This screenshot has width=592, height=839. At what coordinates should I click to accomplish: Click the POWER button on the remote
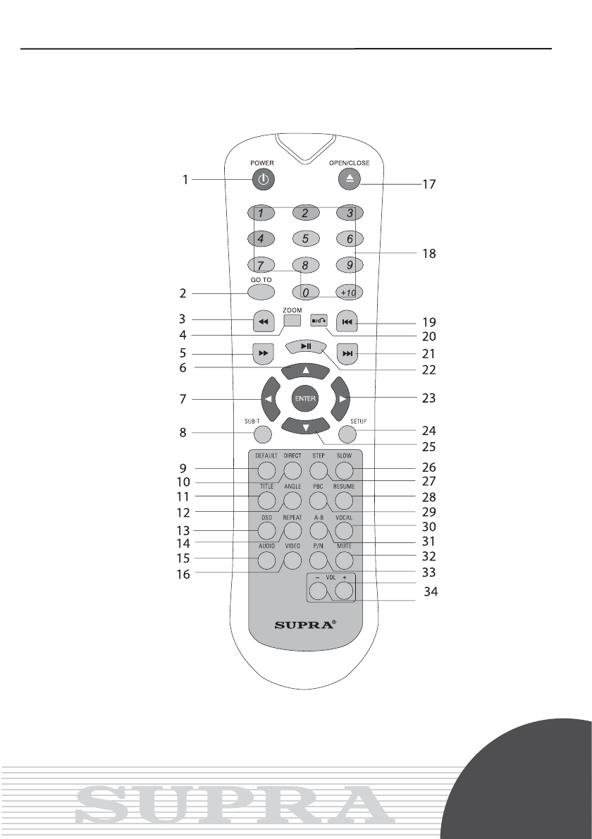[262, 180]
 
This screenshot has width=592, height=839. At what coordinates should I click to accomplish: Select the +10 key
[349, 292]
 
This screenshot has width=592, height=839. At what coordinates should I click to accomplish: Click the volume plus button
[344, 589]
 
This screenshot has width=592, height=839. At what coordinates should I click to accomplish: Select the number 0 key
[305, 292]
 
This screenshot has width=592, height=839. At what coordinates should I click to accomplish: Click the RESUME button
[344, 501]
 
